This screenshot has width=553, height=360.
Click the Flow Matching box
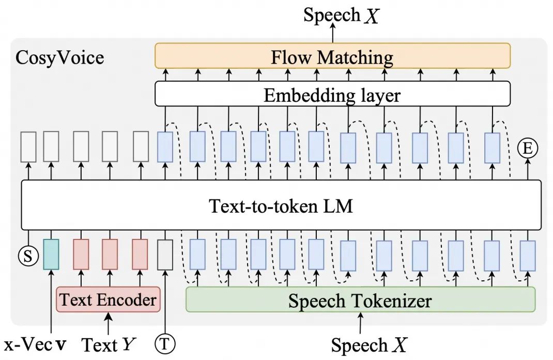click(332, 56)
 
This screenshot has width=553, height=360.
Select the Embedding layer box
click(332, 95)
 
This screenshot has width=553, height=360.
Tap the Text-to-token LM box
click(281, 205)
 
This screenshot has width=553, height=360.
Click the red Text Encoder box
click(108, 299)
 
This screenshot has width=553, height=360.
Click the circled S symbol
click(28, 256)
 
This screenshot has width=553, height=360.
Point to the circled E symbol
click(528, 149)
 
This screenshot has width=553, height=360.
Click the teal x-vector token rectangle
click(52, 254)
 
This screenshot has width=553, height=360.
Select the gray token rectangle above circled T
click(165, 254)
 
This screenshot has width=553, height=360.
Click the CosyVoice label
click(60, 57)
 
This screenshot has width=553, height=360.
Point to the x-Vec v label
click(35, 344)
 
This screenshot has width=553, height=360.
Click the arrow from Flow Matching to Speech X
click(332, 34)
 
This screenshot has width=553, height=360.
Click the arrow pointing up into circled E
click(528, 168)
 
